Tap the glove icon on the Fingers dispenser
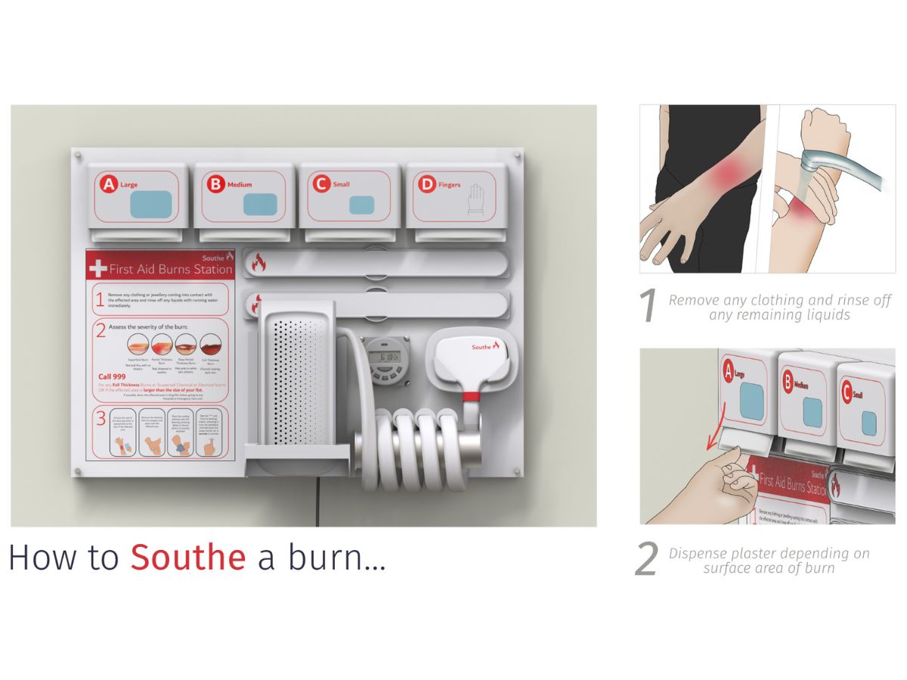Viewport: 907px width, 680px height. [475, 197]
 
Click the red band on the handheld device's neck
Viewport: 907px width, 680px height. [472, 395]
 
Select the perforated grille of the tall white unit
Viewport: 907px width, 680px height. [298, 385]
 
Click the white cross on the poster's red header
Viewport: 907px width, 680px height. [98, 268]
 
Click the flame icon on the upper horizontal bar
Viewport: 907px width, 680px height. [258, 263]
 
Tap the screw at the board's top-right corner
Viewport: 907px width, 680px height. [516, 154]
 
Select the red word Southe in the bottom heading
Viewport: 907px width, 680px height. [187, 558]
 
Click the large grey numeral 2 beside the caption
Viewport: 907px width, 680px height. [647, 559]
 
